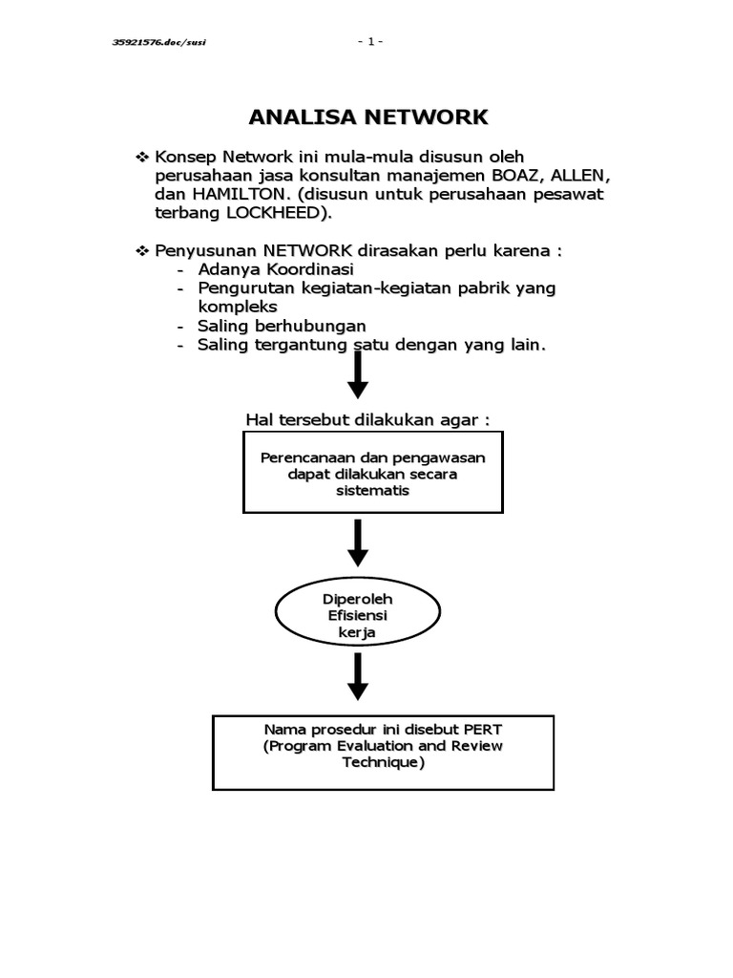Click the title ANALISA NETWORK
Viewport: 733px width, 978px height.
367,117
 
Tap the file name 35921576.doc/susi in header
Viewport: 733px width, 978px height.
159,41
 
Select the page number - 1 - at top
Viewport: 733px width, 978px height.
370,41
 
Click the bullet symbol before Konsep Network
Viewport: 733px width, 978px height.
143,157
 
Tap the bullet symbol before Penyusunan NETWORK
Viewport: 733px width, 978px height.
143,251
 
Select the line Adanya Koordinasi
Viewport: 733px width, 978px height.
275,269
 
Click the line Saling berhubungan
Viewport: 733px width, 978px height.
282,326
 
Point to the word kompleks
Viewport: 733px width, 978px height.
238,307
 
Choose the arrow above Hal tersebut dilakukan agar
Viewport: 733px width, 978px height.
358,374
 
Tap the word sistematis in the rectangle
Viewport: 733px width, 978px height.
372,491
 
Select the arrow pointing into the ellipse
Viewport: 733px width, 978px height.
358,543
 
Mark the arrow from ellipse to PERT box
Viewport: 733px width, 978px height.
358,676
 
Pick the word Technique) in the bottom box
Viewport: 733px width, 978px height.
383,762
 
